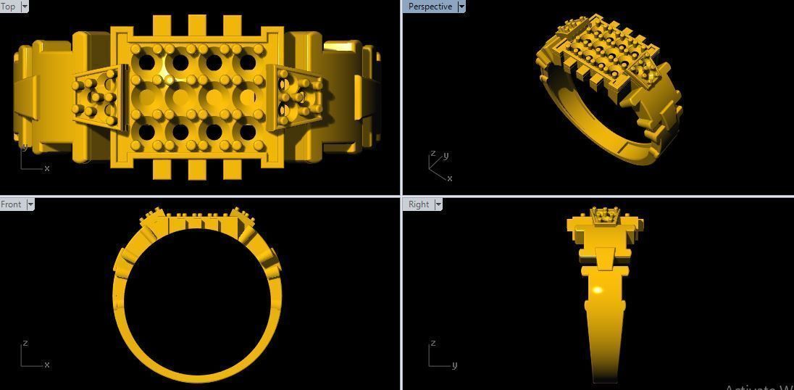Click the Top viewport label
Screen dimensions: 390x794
pos(8,7)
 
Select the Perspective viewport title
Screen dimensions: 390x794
pos(430,7)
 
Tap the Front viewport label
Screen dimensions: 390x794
pos(11,204)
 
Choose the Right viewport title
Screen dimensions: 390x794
pos(419,204)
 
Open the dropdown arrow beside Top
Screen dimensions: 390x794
pos(25,7)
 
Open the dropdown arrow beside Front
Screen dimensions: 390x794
pos(30,204)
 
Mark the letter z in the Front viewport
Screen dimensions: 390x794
pos(25,343)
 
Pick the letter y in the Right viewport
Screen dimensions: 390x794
pos(454,365)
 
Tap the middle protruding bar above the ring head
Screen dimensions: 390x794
pos(197,25)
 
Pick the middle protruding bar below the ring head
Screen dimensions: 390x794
pos(197,170)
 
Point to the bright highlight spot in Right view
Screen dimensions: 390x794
pos(598,291)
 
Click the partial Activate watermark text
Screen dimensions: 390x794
pos(758,386)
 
